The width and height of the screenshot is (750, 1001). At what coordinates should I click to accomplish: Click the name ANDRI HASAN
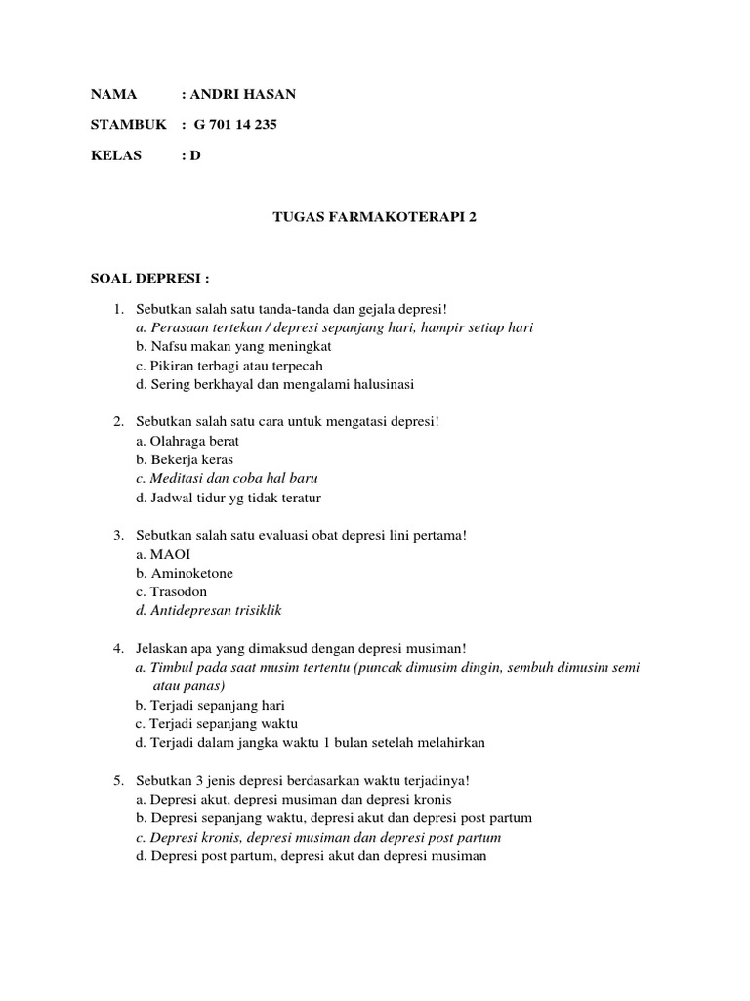tap(242, 94)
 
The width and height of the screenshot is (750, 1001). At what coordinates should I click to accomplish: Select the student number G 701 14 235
tap(235, 124)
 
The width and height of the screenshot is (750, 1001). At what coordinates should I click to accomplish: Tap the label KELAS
tap(116, 155)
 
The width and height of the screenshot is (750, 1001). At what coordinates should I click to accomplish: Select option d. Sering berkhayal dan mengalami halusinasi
tap(275, 384)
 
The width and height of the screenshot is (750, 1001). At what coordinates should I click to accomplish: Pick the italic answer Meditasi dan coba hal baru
tap(233, 479)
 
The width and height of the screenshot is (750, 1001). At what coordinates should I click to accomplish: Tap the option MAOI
tap(171, 554)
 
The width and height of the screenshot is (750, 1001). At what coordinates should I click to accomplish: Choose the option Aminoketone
tap(191, 573)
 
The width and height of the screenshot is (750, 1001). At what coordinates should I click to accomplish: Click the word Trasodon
tap(179, 591)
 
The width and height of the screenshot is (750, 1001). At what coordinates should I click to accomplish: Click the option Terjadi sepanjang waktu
tap(223, 723)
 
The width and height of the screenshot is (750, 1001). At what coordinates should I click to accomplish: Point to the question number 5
tap(117, 780)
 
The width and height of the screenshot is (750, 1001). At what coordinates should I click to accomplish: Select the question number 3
tap(117, 536)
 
